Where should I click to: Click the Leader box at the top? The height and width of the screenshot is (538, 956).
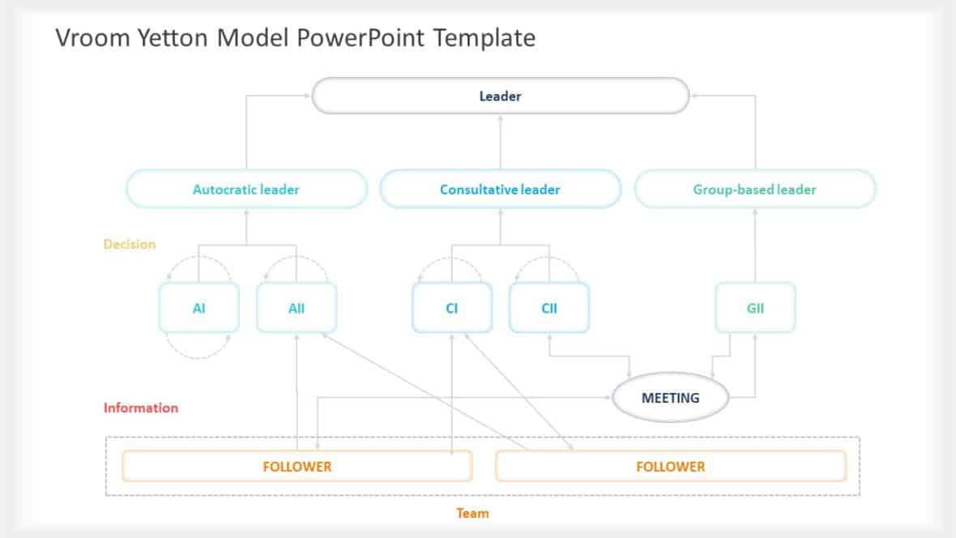tap(500, 96)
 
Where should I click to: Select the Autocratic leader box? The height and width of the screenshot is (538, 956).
tap(246, 190)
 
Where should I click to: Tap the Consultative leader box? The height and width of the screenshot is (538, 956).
tap(500, 190)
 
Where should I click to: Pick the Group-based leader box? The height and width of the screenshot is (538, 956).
tap(754, 190)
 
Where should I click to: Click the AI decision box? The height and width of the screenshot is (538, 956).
tap(199, 308)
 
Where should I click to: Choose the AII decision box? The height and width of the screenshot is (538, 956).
tap(297, 308)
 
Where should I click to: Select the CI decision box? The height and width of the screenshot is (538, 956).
tap(451, 308)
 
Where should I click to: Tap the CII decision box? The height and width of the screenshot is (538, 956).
tap(549, 308)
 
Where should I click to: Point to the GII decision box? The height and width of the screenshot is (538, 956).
tap(755, 308)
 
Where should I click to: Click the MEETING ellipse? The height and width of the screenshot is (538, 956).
tap(670, 398)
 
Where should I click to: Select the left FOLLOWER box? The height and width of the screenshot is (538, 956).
tap(297, 467)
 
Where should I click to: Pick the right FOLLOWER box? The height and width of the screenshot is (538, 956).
tap(670, 467)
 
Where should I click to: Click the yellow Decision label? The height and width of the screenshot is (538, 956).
tap(130, 244)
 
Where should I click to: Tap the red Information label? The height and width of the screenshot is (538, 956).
tap(141, 408)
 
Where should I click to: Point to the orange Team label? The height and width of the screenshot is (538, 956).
tap(472, 513)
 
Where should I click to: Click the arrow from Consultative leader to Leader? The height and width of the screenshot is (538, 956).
tap(500, 142)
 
